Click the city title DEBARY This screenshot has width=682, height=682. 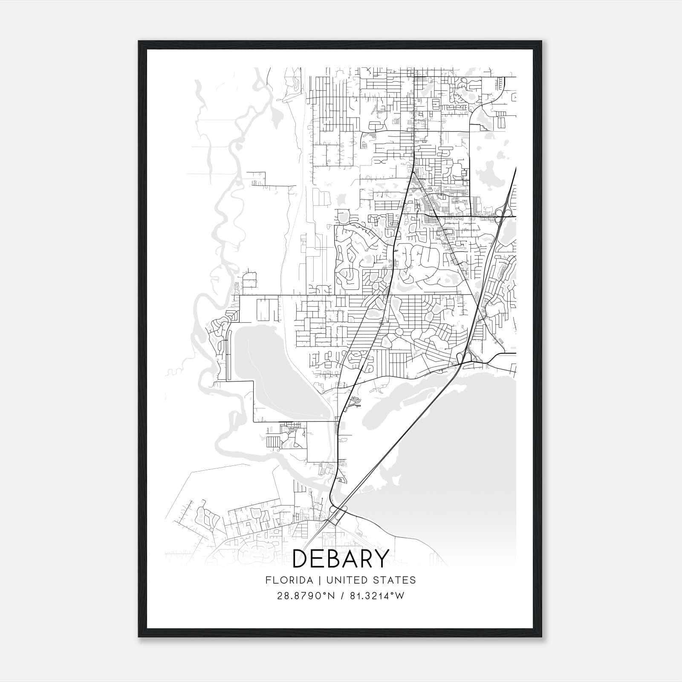(x=341, y=559)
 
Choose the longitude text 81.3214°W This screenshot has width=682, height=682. (x=377, y=596)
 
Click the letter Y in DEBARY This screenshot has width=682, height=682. (x=380, y=559)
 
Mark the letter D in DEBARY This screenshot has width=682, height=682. (x=301, y=559)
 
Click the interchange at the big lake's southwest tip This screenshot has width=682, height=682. (x=336, y=514)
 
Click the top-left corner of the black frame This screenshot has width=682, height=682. (x=139, y=42)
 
